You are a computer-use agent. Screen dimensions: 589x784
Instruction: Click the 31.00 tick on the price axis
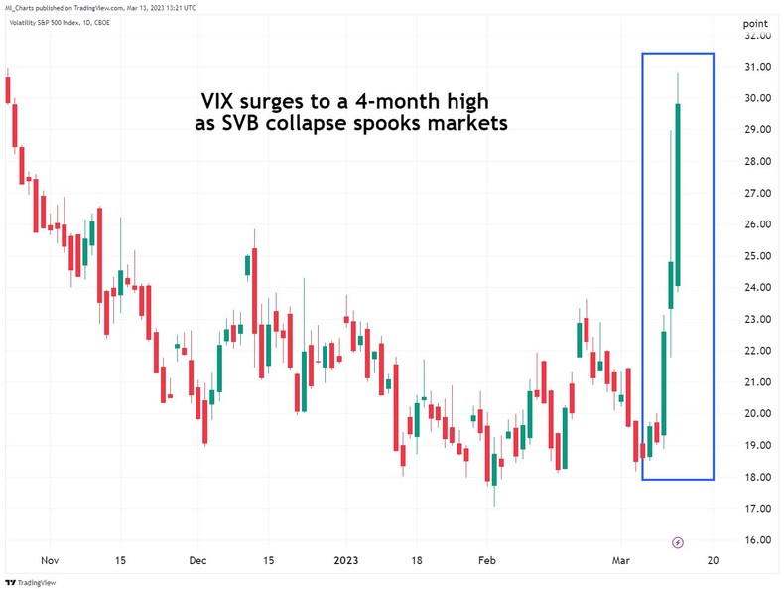pos(757,67)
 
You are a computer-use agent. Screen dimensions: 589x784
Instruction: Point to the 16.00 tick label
pos(757,540)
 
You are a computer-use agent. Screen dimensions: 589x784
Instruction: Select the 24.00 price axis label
pos(757,288)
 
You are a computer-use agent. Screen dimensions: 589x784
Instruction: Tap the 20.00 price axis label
pos(757,414)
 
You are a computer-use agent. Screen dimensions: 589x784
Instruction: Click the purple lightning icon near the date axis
pos(678,542)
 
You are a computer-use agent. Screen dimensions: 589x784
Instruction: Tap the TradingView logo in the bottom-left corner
pos(30,581)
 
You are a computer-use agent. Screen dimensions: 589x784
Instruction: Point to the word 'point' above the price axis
pos(756,22)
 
